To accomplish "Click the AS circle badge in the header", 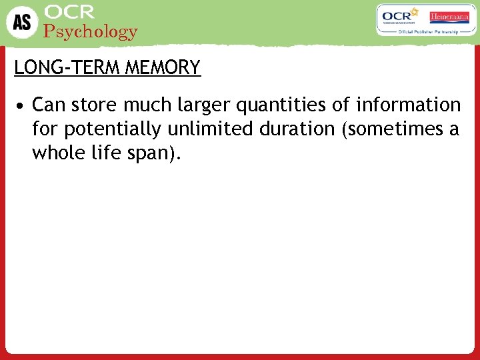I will (22, 21).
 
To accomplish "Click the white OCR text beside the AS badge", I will (69, 12).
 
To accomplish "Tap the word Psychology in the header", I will (90, 31).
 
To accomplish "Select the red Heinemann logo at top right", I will (449, 17).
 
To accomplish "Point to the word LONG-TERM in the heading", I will (57, 68).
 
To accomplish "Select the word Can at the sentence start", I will (48, 105).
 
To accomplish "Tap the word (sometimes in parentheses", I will (391, 129).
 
